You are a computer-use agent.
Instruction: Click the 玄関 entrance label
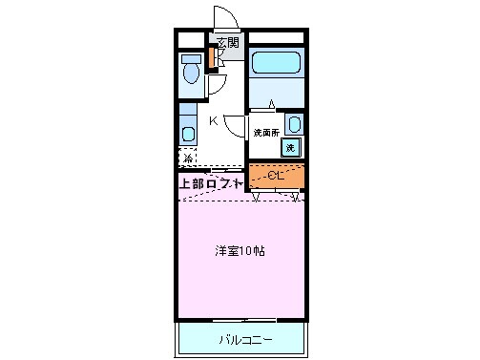[x=227, y=42]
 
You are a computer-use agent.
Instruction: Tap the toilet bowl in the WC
[x=190, y=73]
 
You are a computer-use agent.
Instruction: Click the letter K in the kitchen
[x=214, y=120]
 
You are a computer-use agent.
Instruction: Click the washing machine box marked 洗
[x=291, y=147]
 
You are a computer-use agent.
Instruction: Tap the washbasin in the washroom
[x=292, y=124]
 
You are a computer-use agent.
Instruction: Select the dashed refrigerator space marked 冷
[x=189, y=159]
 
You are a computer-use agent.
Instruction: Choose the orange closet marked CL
[x=276, y=176]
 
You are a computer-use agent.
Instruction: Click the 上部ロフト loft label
[x=211, y=182]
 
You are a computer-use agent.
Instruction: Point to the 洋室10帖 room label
[x=239, y=252]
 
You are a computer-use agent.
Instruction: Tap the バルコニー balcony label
[x=244, y=339]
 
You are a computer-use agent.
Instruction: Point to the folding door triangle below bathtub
[x=271, y=104]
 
